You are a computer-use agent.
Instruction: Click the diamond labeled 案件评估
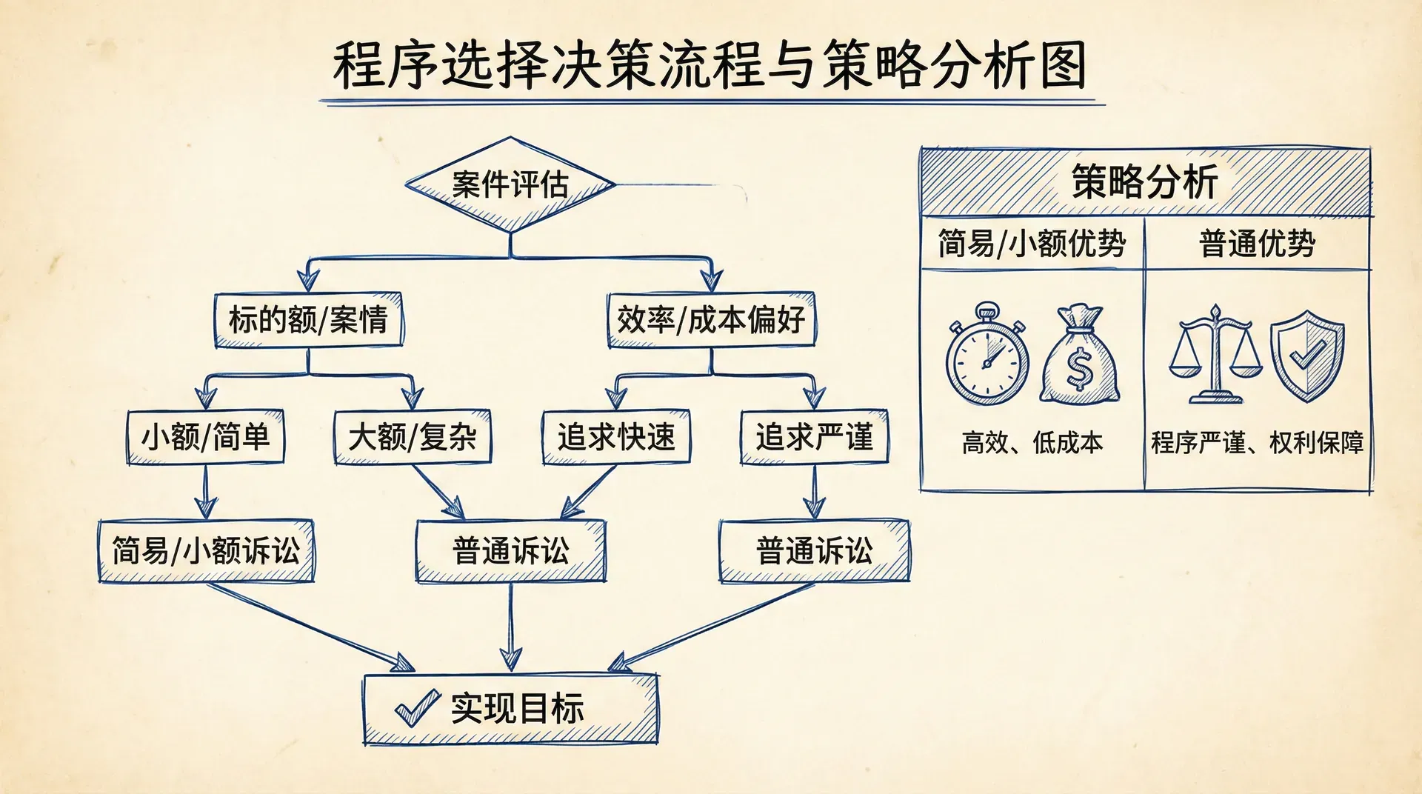point(510,184)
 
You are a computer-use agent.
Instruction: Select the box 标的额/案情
point(308,320)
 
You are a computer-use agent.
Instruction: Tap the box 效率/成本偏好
point(711,320)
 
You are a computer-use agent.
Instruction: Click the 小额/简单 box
point(205,437)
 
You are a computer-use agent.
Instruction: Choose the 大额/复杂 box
point(412,437)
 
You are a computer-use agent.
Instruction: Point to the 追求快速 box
point(616,437)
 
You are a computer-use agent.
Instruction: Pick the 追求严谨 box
point(814,437)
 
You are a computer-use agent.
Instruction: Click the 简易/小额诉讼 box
point(206,551)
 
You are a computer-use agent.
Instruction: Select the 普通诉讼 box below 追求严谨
point(814,551)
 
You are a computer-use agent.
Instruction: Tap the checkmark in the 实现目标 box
point(416,708)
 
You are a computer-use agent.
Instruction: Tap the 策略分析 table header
point(1145,182)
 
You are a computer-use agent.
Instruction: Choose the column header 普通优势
point(1257,244)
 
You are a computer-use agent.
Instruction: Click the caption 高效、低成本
point(1032,443)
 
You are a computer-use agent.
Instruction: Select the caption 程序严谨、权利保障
point(1257,443)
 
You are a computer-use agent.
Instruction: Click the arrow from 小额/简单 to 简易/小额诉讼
point(206,493)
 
